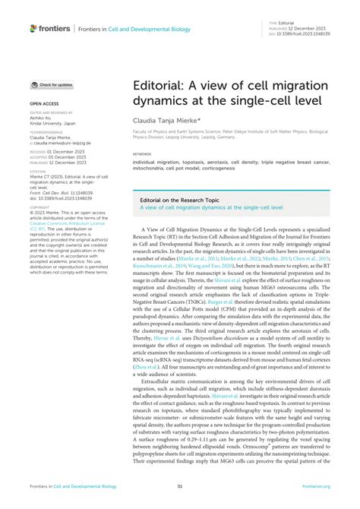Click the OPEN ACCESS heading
45,102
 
